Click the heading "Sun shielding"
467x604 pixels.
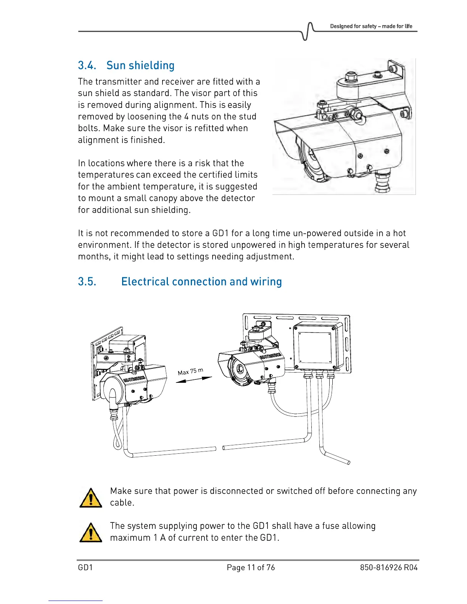(140, 66)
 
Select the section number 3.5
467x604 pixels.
(87, 282)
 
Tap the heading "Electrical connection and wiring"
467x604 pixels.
(201, 282)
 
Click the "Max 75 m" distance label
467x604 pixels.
(190, 371)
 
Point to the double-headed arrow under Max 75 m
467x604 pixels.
(194, 380)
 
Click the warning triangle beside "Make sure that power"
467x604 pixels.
(90, 498)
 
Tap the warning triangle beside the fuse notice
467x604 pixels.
(90, 532)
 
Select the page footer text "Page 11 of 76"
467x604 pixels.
(251, 567)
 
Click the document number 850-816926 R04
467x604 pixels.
(388, 567)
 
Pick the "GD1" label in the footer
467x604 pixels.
(85, 567)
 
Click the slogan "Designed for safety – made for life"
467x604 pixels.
(371, 26)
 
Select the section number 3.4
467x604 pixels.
(87, 66)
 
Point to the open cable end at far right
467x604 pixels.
(348, 463)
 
